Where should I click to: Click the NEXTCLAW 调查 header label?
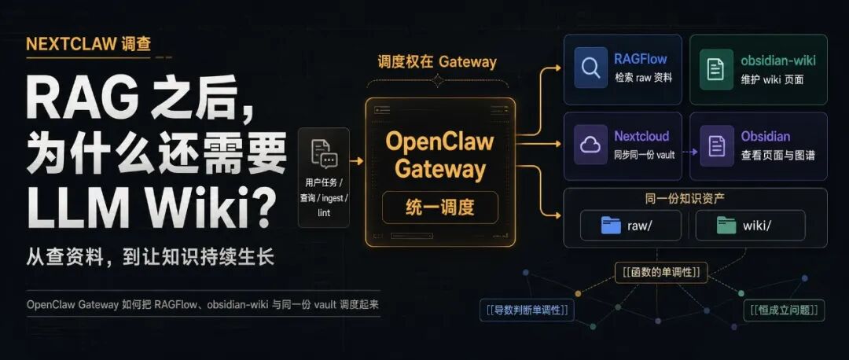click(x=88, y=44)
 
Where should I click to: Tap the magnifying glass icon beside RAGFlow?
click(x=590, y=68)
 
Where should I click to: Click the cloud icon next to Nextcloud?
click(x=590, y=145)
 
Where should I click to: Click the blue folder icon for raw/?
click(x=611, y=226)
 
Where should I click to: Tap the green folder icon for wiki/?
click(x=726, y=226)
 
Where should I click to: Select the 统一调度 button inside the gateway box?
click(x=439, y=208)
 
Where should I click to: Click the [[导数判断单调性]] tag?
click(x=527, y=310)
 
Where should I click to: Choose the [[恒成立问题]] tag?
click(x=784, y=310)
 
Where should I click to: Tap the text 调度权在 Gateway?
click(x=437, y=62)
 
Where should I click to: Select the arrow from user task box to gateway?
click(x=356, y=161)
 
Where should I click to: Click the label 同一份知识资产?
click(x=685, y=199)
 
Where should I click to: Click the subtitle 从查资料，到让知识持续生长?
click(x=150, y=257)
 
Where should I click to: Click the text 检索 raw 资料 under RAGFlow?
click(x=643, y=78)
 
